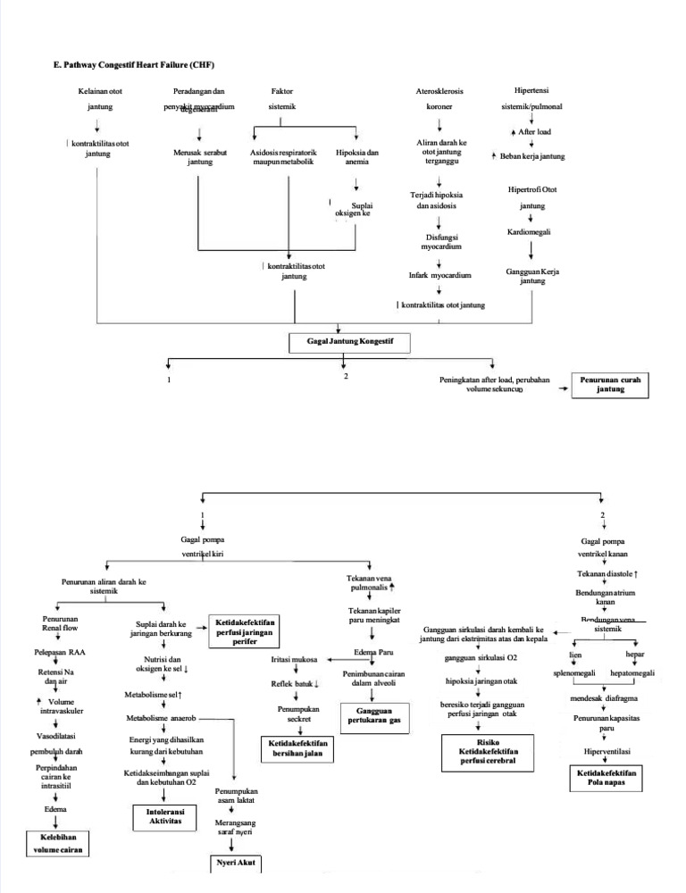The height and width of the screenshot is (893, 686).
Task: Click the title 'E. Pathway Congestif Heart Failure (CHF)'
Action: click(134, 65)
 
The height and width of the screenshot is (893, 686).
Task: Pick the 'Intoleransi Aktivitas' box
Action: click(158, 816)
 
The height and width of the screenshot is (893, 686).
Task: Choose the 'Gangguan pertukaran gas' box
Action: click(373, 714)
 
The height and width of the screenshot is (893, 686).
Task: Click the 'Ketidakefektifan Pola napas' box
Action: click(607, 777)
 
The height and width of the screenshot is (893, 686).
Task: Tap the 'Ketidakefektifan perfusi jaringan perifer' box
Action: click(244, 631)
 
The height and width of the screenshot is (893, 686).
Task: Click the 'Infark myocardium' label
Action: click(439, 276)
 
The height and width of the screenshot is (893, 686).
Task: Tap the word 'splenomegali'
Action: click(573, 672)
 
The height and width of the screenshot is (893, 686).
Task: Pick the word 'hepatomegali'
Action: click(632, 672)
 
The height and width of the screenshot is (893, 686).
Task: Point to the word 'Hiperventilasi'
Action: click(607, 751)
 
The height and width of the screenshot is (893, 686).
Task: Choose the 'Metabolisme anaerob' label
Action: click(165, 717)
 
